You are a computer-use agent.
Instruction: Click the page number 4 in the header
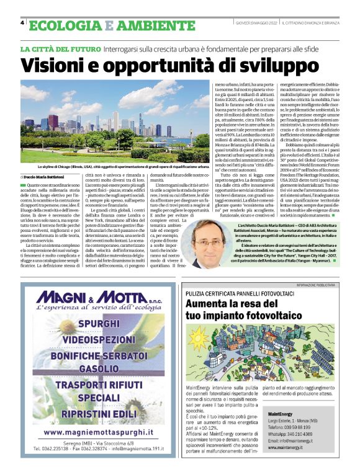[x=22, y=22]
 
